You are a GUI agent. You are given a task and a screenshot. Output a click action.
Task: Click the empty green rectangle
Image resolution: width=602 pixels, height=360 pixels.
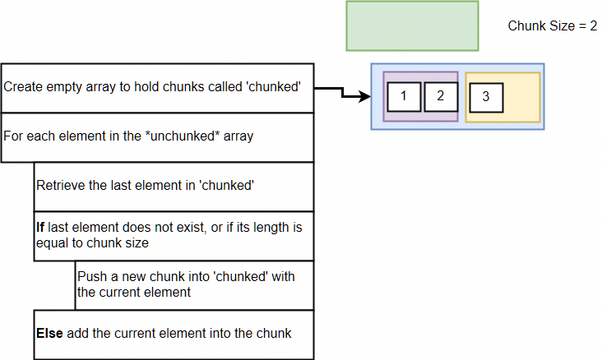pos(412,27)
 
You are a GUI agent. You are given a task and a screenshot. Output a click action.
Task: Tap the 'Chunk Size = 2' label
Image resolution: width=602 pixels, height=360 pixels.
pos(552,25)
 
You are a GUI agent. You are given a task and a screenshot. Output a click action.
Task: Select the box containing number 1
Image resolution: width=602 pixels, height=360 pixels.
pos(404,96)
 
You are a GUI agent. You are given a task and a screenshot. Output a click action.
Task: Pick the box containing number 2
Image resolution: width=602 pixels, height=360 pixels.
pos(441,96)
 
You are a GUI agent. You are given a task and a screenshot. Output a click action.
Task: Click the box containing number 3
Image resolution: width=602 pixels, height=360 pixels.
pos(486,97)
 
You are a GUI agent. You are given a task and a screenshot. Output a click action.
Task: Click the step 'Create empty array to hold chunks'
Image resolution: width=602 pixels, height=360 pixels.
pos(157,87)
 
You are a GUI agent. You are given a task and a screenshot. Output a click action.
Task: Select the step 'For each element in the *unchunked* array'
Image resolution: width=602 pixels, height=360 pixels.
pos(157,136)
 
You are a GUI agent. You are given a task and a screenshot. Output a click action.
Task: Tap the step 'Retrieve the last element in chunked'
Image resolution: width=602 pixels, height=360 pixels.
pos(173,186)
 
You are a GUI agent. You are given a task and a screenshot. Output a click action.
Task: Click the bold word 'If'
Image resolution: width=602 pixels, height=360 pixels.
pos(39,227)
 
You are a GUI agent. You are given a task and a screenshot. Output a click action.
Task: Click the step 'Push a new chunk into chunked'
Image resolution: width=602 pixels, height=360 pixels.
pos(194,284)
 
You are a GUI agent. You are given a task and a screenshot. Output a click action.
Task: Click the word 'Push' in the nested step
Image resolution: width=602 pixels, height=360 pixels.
pos(90,276)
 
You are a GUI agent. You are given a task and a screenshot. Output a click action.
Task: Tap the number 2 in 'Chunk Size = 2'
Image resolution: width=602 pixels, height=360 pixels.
pos(592,25)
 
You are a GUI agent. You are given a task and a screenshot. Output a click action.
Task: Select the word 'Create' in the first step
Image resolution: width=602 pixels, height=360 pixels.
pos(21,87)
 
